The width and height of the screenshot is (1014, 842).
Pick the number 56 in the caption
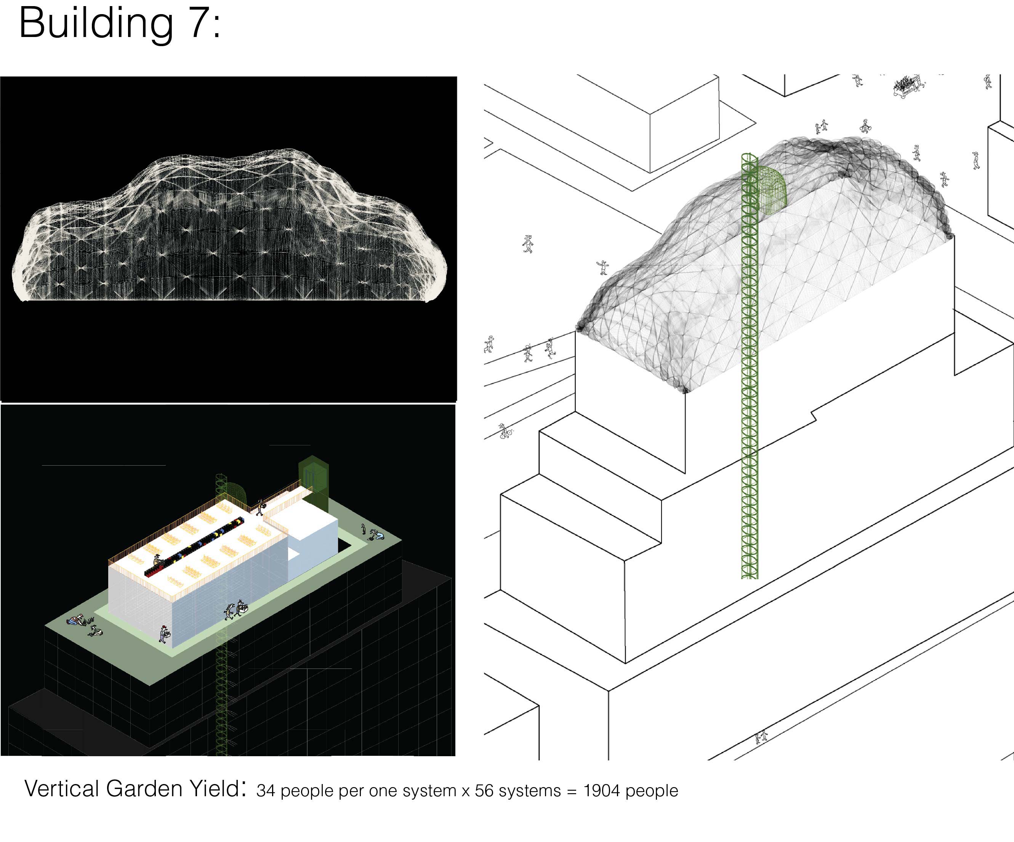[x=484, y=791]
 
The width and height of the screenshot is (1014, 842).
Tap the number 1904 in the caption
[x=602, y=791]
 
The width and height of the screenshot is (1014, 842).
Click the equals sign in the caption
[x=572, y=791]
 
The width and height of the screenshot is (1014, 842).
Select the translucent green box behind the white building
[x=313, y=484]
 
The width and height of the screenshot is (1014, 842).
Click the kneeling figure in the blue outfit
[x=378, y=535]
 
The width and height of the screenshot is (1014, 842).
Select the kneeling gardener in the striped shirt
[x=75, y=620]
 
